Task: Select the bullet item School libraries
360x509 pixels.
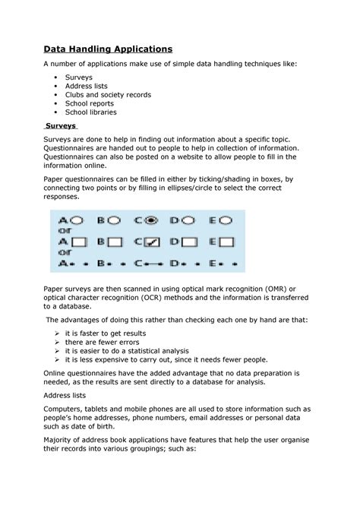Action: click(90, 112)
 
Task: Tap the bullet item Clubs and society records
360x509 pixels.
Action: click(108, 95)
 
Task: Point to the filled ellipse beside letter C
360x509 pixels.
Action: click(151, 220)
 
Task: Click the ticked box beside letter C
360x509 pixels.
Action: click(152, 242)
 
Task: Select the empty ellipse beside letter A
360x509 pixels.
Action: click(74, 220)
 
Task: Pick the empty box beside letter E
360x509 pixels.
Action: click(226, 242)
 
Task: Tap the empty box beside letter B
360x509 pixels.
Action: click(114, 242)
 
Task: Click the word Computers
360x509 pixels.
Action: click(68, 408)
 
